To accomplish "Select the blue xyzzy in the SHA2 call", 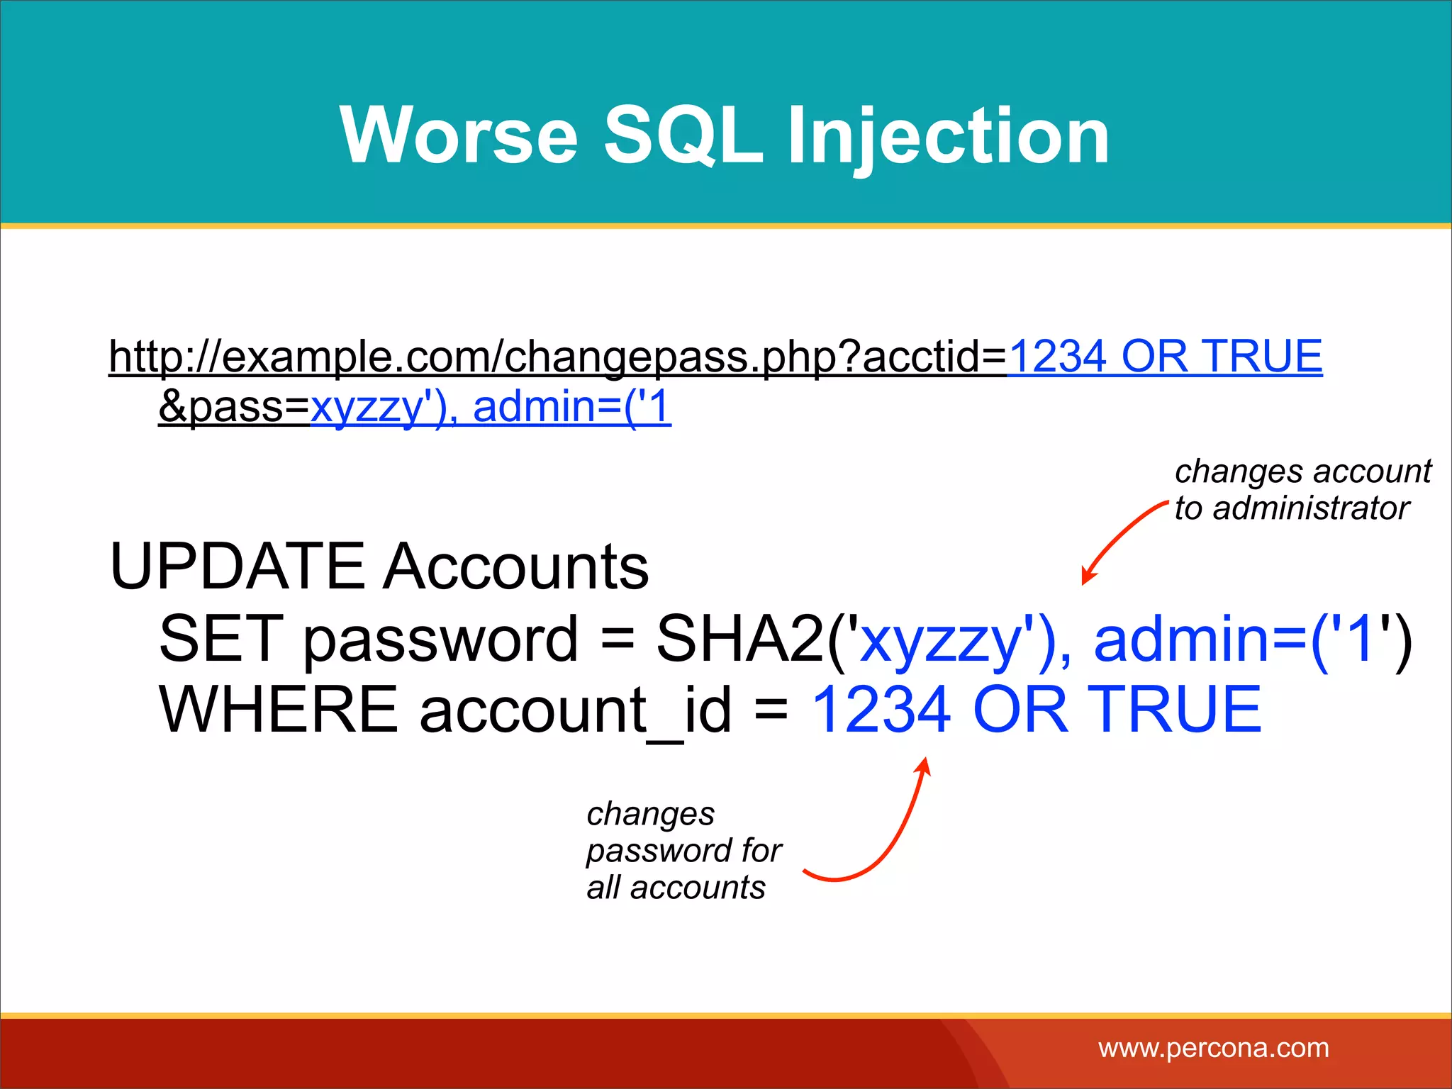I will (x=940, y=642).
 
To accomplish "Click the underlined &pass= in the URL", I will (x=234, y=408).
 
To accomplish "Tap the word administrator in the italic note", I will (x=1311, y=508).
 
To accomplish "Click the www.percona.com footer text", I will (x=1213, y=1048).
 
